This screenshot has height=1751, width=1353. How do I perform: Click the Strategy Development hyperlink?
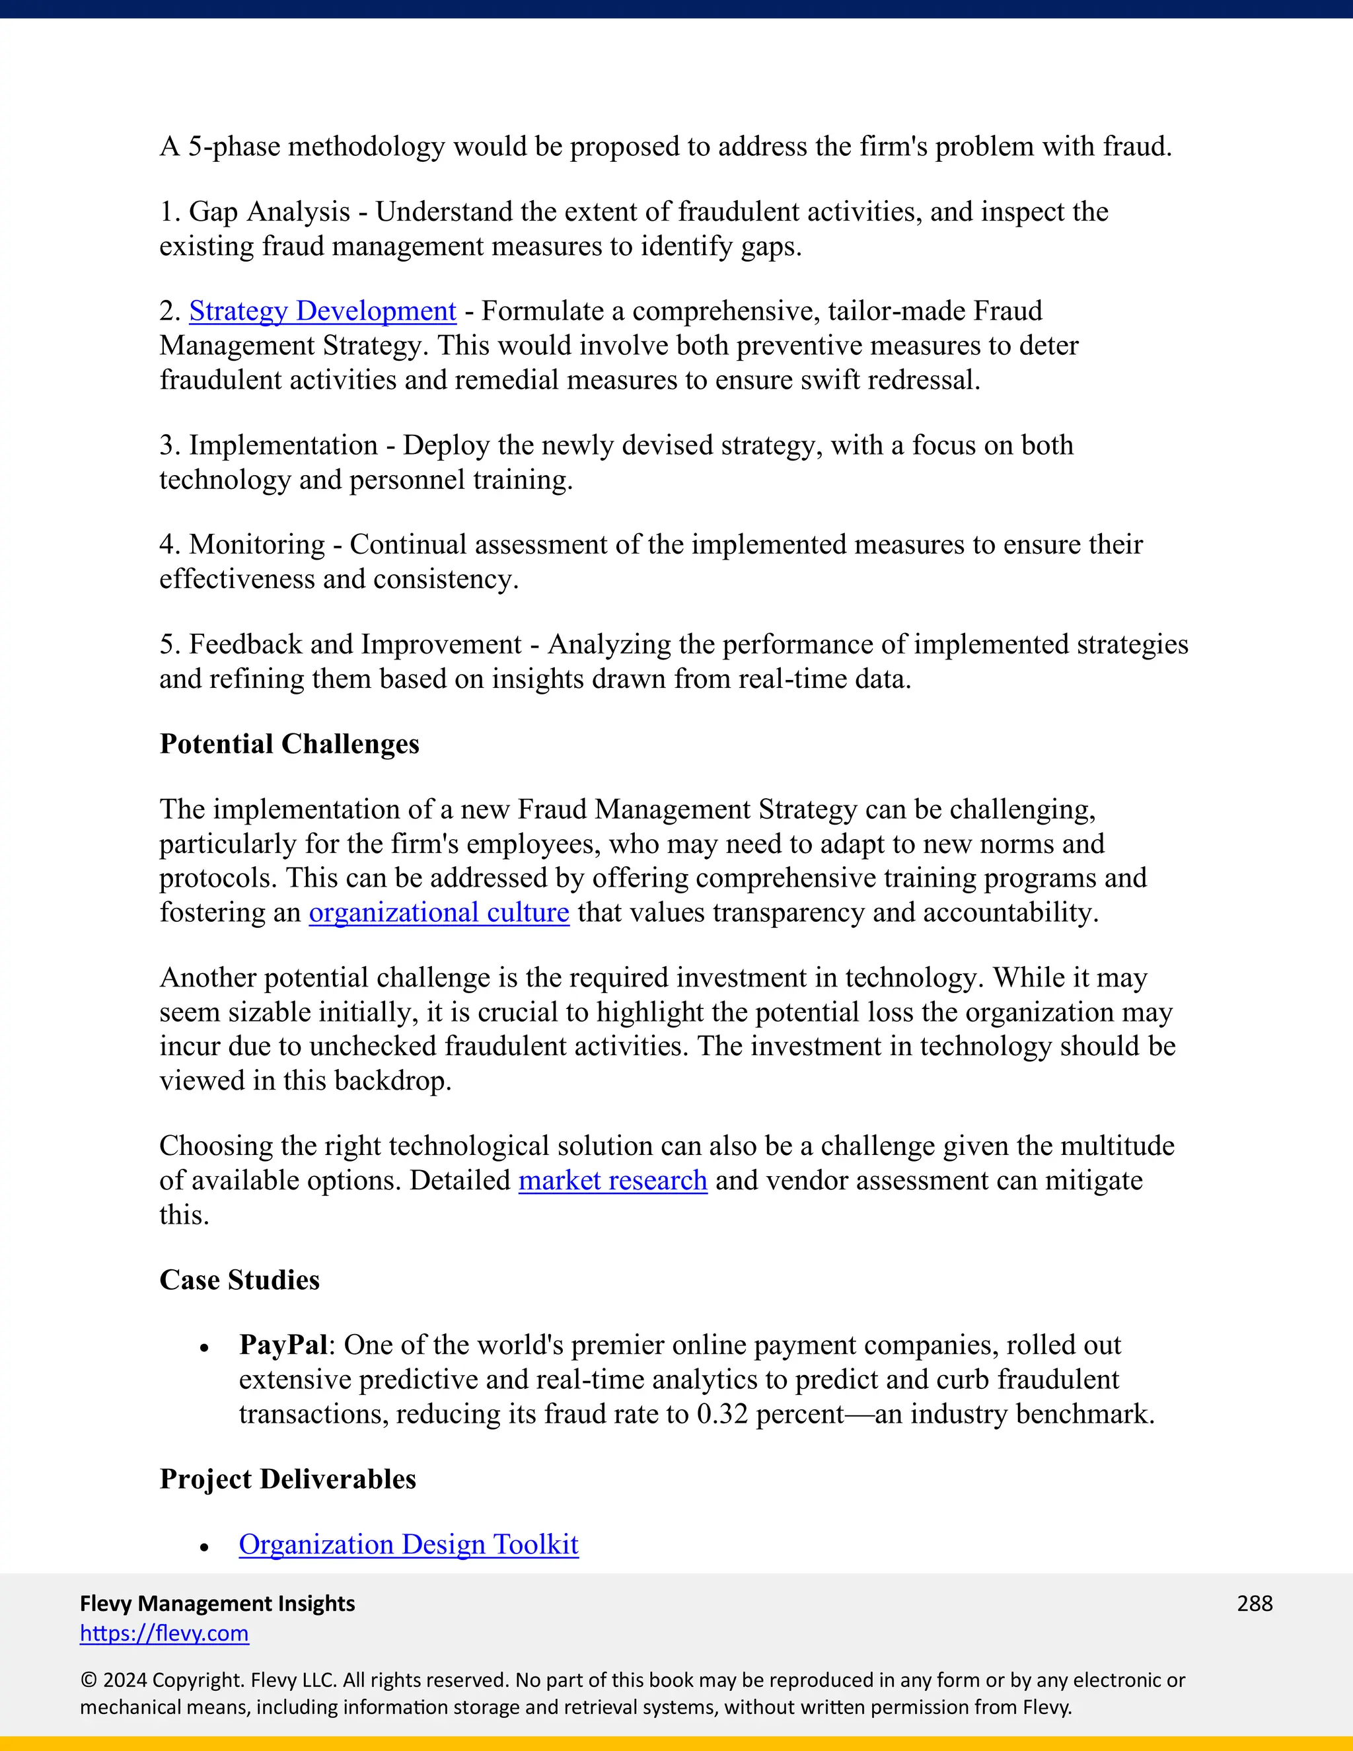322,311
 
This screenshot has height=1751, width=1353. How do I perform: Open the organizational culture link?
439,913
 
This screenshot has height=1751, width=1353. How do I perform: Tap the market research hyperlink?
612,1180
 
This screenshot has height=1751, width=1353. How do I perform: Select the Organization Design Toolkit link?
408,1544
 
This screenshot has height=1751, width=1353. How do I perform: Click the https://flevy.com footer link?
165,1633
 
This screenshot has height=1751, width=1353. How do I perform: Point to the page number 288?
1255,1604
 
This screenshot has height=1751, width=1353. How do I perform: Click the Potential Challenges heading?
289,744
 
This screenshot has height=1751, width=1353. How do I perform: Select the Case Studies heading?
239,1280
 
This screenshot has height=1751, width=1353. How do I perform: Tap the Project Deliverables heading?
288,1479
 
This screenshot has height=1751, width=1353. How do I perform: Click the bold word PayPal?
283,1345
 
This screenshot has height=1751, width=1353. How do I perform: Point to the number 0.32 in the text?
722,1414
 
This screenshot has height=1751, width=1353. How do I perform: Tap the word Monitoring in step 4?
256,544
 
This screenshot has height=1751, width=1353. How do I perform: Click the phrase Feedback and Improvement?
355,645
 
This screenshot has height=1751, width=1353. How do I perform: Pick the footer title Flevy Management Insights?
217,1604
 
